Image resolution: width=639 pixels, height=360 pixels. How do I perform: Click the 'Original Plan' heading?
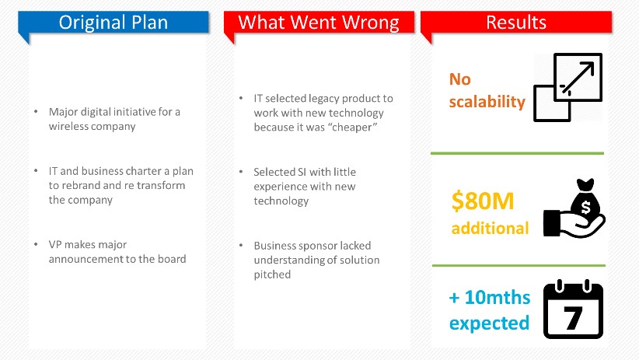coord(113,23)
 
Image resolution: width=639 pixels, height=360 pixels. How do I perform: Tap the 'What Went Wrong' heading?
coord(319,23)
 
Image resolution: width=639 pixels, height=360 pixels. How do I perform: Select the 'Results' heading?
coord(516,23)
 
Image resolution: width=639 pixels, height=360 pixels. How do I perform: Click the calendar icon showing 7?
coord(574,309)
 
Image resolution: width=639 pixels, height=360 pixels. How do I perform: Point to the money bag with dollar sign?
coord(585,198)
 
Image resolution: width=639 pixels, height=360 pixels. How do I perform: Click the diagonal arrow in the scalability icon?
coord(578,78)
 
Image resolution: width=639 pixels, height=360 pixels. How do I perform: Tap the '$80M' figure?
coord(483,201)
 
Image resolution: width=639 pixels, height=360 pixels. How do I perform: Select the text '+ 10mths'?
coord(490,297)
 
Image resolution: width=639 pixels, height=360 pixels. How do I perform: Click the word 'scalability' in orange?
coord(487,102)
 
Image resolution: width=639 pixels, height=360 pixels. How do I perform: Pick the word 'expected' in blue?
coord(489,323)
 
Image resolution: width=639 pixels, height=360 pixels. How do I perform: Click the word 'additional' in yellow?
coord(490,228)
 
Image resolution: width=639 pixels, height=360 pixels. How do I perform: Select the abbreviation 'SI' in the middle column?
coord(302,172)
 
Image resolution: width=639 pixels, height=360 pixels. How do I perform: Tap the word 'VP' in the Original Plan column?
coord(55,244)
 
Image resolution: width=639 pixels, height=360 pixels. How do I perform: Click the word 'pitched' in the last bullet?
coord(272,274)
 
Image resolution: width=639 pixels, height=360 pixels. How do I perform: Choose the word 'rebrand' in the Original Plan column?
coord(80,185)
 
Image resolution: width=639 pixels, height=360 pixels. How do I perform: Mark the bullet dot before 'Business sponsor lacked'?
coord(241,245)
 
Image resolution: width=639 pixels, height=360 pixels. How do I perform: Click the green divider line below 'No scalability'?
coord(517,153)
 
